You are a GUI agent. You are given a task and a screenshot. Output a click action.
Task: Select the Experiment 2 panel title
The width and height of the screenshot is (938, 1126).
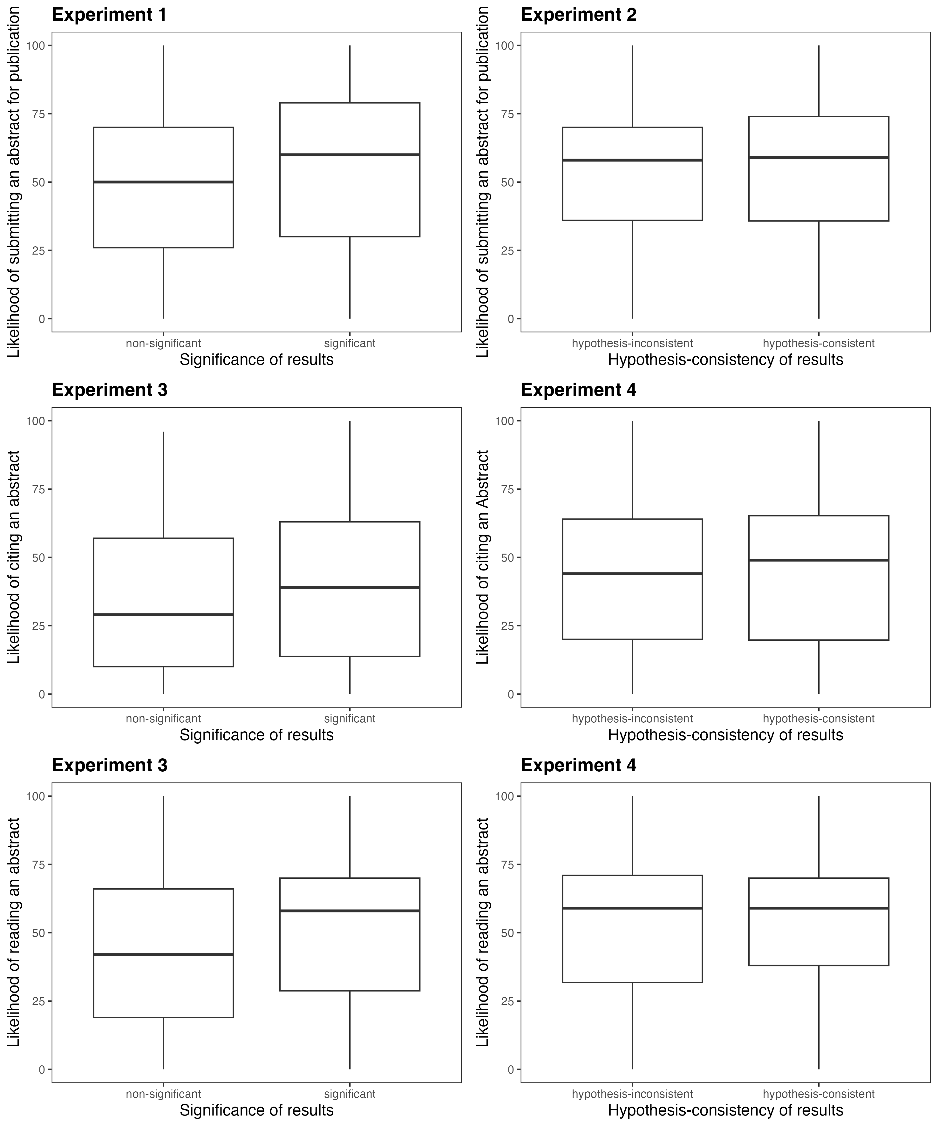tap(578, 15)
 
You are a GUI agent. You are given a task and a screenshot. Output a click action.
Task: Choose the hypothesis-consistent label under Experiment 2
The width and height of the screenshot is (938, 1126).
tap(819, 343)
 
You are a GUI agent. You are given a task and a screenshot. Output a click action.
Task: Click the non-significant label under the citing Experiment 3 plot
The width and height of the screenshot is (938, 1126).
tap(163, 719)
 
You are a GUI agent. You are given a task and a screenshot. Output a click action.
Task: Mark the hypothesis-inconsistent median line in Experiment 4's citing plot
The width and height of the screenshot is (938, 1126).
tap(632, 574)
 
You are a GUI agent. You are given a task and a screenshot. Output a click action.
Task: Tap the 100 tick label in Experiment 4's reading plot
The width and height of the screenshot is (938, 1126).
tap(504, 796)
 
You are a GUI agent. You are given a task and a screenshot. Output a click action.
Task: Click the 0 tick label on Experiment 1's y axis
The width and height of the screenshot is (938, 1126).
tap(42, 319)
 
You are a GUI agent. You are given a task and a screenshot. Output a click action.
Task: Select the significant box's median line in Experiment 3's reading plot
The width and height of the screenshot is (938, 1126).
tap(350, 911)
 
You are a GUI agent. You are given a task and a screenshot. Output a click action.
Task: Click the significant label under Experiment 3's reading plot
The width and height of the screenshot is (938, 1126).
tap(350, 1094)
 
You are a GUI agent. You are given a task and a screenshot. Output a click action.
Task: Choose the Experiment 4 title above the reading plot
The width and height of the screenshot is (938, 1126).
tap(578, 765)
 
